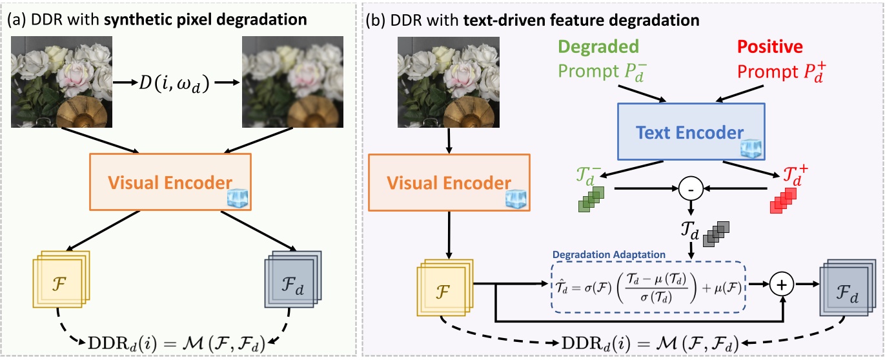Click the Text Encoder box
coord(689,133)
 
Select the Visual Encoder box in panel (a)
coord(179,182)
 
